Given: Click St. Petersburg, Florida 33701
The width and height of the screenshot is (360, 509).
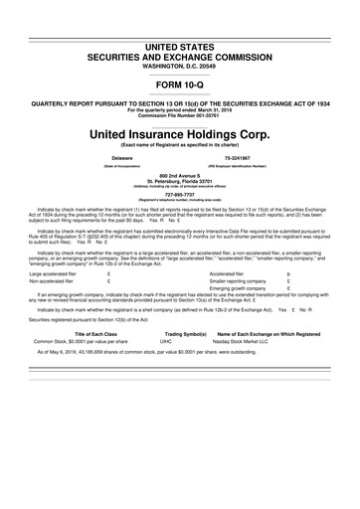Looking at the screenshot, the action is coord(179,181).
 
